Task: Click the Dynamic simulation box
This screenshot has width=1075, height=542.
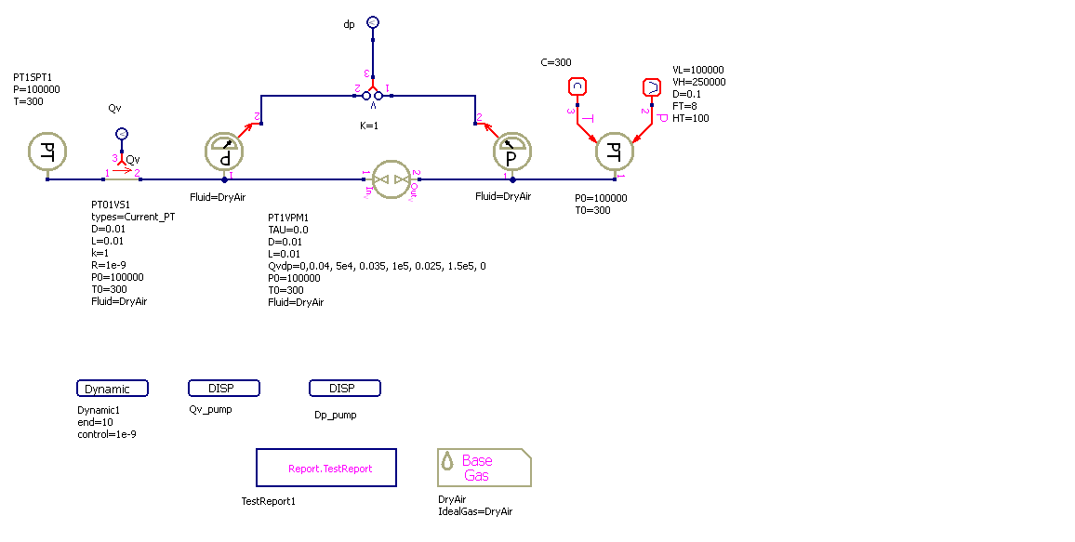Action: (113, 389)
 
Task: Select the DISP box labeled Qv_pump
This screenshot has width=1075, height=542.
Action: (224, 388)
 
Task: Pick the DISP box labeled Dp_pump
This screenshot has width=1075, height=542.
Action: (345, 388)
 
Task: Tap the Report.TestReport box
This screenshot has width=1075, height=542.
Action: (326, 468)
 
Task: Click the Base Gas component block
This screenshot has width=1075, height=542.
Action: (484, 468)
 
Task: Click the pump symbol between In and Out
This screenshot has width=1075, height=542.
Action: (391, 178)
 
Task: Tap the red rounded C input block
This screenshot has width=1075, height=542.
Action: (577, 87)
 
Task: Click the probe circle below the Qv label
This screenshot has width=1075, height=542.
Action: (121, 134)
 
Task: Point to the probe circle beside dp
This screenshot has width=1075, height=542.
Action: (373, 21)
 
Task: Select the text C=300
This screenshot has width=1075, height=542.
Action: (556, 62)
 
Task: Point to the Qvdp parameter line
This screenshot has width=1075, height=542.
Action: (377, 266)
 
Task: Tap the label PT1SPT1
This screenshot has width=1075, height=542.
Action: (33, 77)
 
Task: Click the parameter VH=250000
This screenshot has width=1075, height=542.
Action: (698, 82)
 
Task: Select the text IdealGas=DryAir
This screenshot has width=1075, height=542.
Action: (475, 511)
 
